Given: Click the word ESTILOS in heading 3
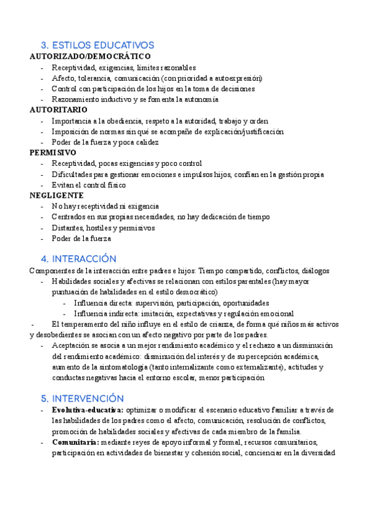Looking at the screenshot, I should (71, 45).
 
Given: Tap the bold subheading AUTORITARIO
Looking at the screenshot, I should (59, 109).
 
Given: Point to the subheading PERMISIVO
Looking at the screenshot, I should (53, 152).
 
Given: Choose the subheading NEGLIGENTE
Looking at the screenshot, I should (57, 195).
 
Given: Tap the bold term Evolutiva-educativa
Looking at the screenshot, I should (88, 410).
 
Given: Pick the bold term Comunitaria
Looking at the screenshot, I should (75, 442).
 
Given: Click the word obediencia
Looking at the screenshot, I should (121, 120).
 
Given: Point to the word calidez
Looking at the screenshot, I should (146, 142).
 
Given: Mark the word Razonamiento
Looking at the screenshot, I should (77, 99).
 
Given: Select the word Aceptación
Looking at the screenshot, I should (73, 345).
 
